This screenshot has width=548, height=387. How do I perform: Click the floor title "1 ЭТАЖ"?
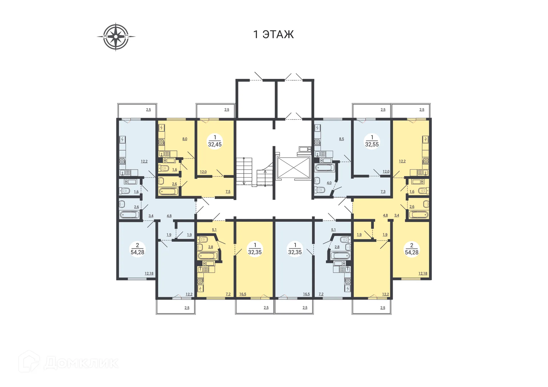point(273,34)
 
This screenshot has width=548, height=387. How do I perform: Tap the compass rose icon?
point(116,37)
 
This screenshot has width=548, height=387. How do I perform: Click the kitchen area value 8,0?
point(185,139)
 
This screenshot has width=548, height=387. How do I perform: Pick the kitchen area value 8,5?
point(341,139)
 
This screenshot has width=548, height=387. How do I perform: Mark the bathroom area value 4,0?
point(329,183)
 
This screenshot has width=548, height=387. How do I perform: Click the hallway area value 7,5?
point(228,192)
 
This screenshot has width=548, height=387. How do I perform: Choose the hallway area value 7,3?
point(383,192)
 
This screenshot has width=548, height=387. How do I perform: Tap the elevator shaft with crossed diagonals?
point(293,168)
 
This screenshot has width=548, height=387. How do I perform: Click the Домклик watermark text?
point(81,363)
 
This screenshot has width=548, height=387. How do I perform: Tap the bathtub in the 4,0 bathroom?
point(325,168)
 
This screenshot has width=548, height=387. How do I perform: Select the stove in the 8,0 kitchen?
point(162,142)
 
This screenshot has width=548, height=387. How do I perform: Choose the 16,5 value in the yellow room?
point(243,294)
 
